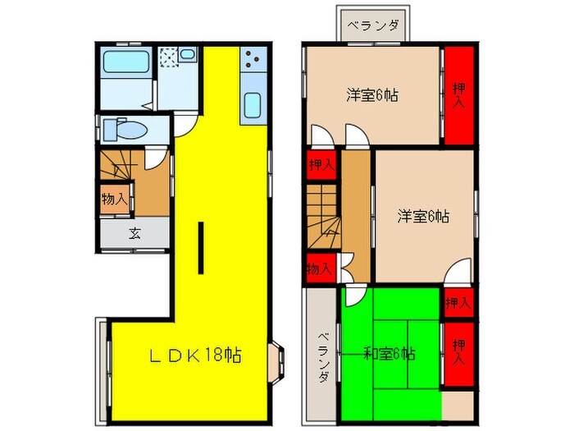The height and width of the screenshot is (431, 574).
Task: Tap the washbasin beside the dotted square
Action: click(187, 57)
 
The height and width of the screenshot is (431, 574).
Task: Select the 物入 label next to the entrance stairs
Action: click(113, 198)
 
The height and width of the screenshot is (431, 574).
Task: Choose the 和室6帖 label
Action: click(389, 355)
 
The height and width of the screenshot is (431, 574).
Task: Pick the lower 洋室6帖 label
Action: click(423, 217)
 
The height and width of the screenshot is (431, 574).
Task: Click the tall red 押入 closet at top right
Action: click(458, 94)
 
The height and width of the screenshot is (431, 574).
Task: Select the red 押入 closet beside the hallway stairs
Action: click(321, 164)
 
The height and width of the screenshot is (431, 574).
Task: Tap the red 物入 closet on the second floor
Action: click(318, 268)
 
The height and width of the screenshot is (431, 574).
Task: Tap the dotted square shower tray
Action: click(169, 57)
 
